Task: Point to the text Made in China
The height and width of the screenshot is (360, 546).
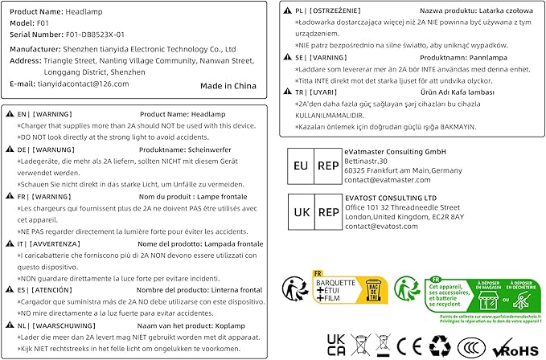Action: point(228,84)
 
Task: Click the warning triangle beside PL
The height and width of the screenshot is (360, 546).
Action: point(288,10)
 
